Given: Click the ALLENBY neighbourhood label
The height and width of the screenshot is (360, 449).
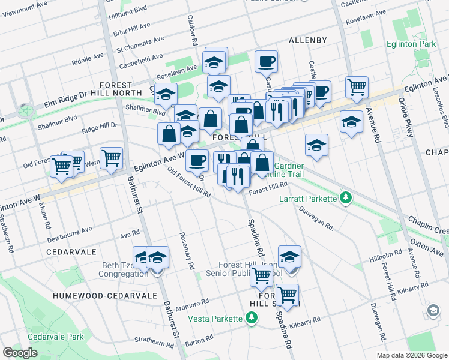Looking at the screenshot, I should click(x=307, y=40).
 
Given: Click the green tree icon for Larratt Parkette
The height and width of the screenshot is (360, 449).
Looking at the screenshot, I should click(x=345, y=197).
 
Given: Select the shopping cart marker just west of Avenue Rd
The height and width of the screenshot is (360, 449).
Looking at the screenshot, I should click(x=357, y=88).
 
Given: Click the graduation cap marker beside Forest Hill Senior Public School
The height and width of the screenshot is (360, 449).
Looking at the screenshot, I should click(x=289, y=256).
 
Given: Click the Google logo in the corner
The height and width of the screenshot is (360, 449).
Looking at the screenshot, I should click(x=20, y=353).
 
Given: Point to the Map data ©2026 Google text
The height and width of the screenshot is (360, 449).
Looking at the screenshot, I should click(x=411, y=355).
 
